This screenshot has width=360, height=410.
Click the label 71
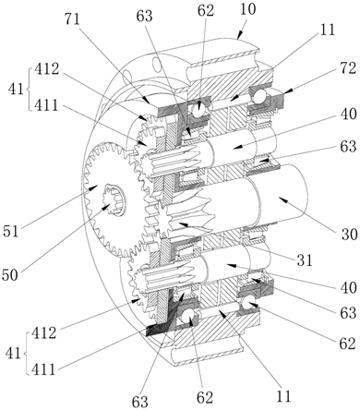[72, 19]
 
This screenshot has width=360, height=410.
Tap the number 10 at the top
[248, 9]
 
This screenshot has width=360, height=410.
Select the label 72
[348, 68]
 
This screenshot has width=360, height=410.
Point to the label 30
[349, 235]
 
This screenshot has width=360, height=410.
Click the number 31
[305, 260]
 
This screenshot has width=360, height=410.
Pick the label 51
[11, 231]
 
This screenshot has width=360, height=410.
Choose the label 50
[10, 274]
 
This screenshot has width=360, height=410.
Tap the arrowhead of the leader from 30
[282, 199]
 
